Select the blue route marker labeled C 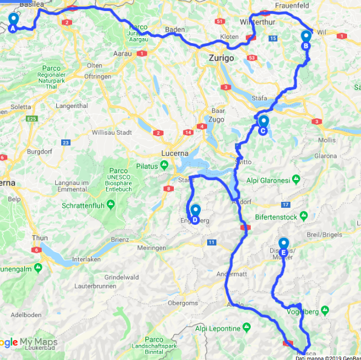(263, 125)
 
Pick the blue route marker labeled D (195, 214)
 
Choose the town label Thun (39, 238)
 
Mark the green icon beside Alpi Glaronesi (295, 179)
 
